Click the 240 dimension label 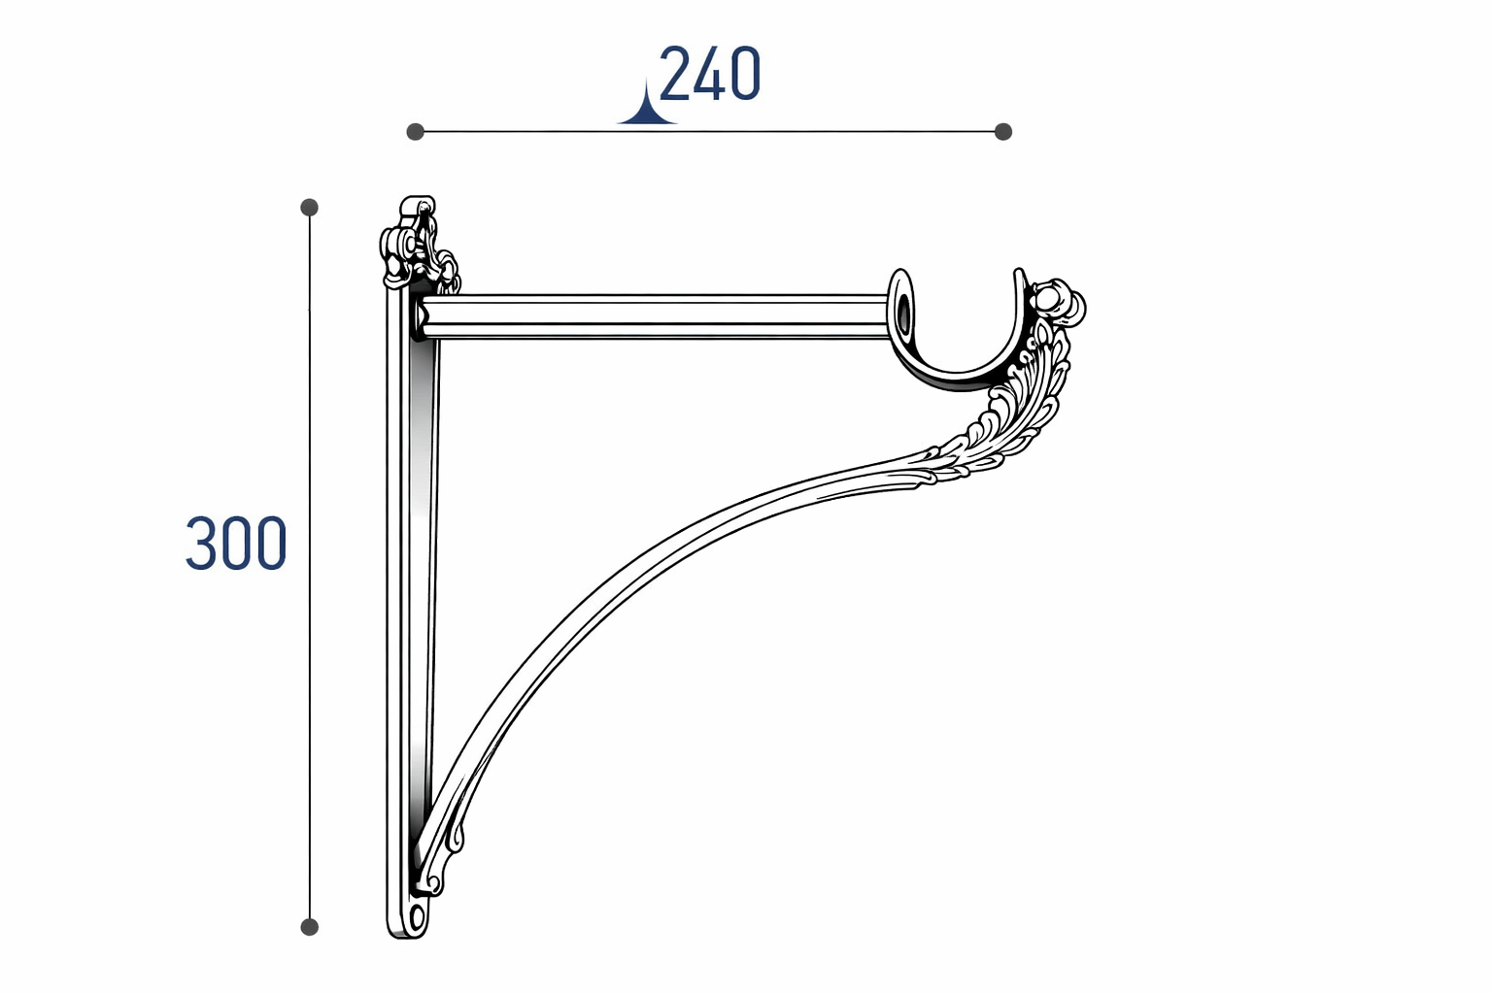click(x=709, y=73)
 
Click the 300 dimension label click(x=236, y=544)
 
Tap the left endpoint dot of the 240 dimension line click(x=415, y=132)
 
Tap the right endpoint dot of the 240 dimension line click(x=1003, y=132)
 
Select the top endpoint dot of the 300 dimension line click(x=309, y=207)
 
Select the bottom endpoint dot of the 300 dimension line click(x=309, y=927)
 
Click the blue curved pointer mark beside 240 click(x=647, y=107)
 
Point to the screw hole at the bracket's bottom click(x=417, y=917)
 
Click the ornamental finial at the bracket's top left click(x=418, y=245)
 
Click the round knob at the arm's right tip click(x=1059, y=304)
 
